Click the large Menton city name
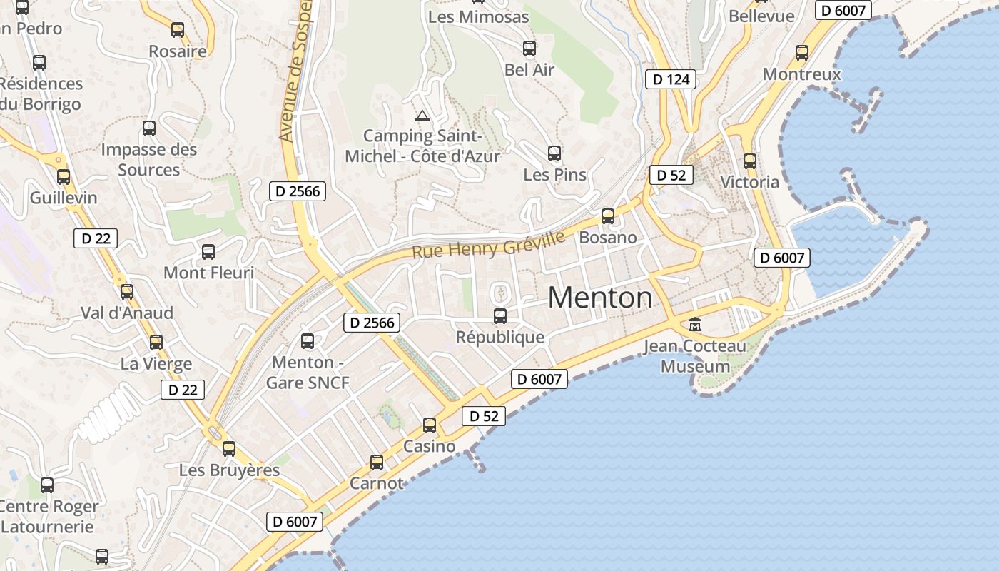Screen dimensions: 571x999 600,298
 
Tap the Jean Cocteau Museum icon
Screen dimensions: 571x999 694,325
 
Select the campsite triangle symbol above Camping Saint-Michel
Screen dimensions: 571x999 422,116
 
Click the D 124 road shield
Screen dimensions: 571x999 671,79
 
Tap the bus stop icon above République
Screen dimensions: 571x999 500,315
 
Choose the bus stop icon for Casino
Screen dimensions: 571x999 430,425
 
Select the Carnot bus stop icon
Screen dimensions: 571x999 377,463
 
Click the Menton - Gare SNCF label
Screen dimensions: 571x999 308,373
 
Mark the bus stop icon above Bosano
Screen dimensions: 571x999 608,216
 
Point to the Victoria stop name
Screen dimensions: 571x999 749,182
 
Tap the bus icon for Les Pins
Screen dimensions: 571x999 554,153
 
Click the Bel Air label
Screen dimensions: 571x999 529,70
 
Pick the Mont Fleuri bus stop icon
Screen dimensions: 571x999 208,252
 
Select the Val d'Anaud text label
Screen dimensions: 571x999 127,313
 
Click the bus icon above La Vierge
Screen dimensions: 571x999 156,343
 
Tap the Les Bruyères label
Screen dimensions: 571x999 229,470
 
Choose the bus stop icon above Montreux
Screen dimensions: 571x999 802,52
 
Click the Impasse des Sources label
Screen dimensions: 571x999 148,160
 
